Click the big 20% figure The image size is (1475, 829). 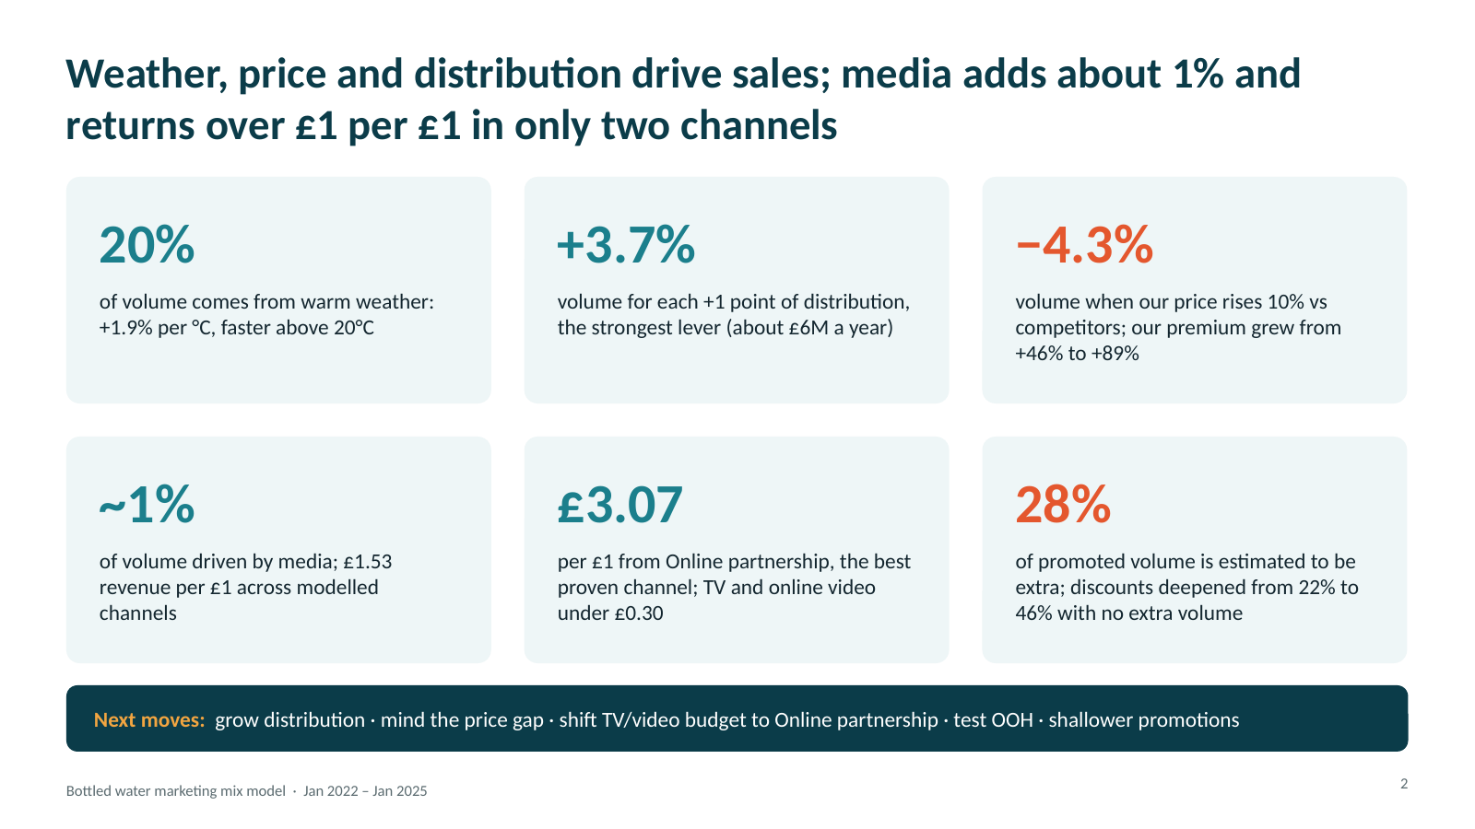(x=147, y=245)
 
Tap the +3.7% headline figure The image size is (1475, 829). (x=626, y=245)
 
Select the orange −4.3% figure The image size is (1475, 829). (x=1084, y=245)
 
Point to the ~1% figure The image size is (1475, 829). (x=147, y=505)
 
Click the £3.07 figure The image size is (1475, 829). (x=619, y=505)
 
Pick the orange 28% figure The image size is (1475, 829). (x=1063, y=505)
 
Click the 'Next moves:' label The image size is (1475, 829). (x=149, y=719)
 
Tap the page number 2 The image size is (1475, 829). (x=1404, y=784)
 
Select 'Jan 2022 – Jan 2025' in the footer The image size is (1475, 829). (x=365, y=791)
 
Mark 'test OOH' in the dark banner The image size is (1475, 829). (x=993, y=719)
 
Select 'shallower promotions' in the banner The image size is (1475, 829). (x=1144, y=719)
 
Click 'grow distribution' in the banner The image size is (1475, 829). (x=289, y=719)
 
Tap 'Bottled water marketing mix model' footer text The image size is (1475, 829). (x=176, y=791)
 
